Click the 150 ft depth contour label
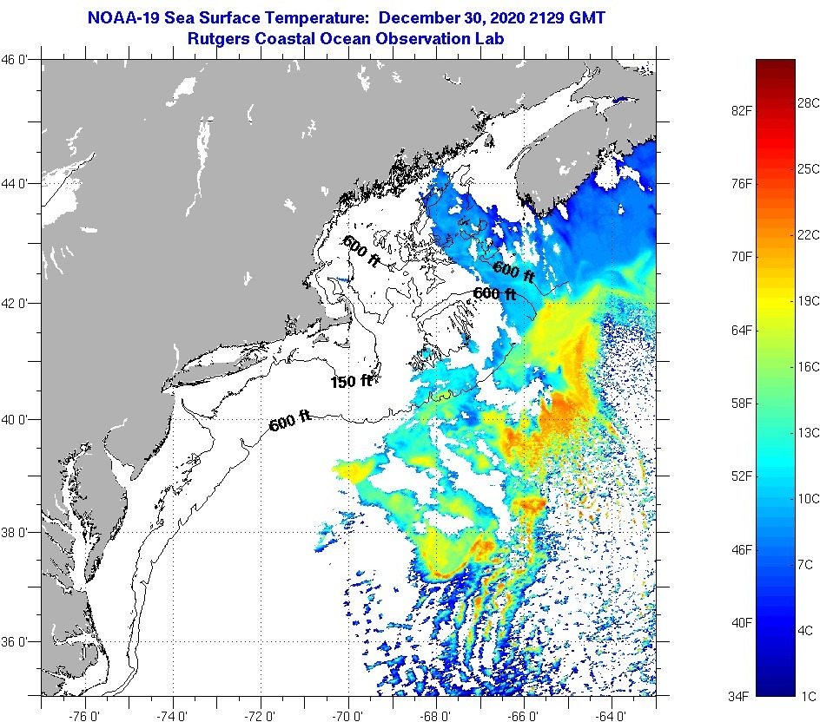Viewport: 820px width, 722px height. pos(351,381)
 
